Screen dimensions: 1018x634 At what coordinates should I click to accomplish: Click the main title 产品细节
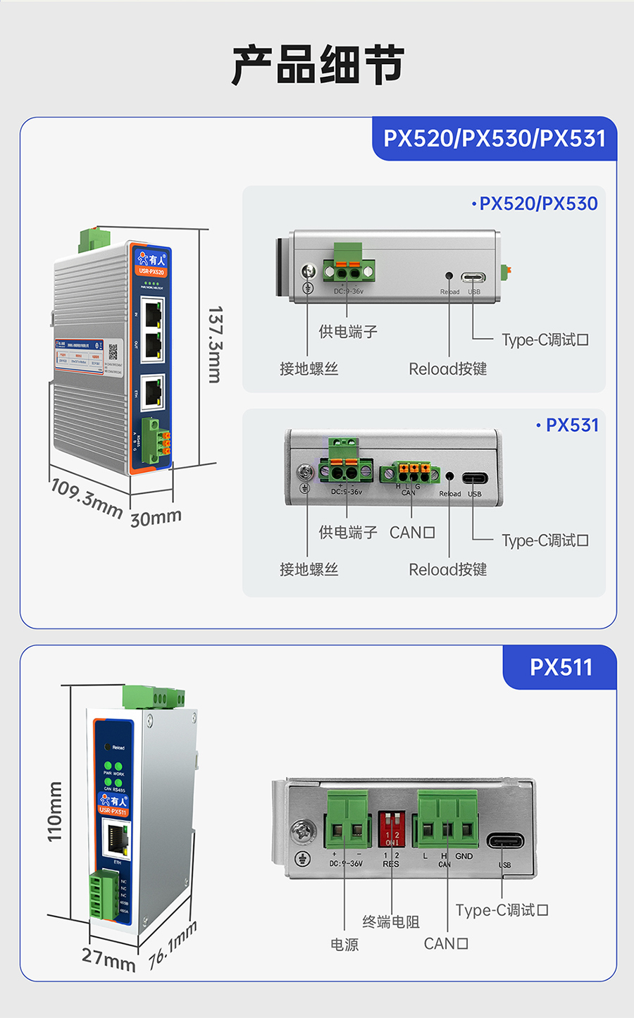[317, 65]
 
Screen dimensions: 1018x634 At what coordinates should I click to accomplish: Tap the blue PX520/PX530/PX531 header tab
[494, 138]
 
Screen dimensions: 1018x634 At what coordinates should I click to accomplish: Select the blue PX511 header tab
[560, 667]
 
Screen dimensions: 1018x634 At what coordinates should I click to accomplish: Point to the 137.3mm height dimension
[215, 344]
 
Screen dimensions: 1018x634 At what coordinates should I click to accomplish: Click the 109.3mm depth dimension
[86, 497]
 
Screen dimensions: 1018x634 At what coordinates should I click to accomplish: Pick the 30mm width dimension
[156, 518]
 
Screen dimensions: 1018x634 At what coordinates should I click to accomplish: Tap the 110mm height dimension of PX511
[55, 811]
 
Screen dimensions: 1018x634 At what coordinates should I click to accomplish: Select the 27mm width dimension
[108, 959]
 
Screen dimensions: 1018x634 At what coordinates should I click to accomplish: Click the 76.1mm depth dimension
[173, 945]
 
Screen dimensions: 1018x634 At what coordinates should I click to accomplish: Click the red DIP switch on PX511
[392, 828]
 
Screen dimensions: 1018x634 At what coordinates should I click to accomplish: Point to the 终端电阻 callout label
[390, 921]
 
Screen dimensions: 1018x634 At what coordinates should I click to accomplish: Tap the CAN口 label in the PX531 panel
[412, 533]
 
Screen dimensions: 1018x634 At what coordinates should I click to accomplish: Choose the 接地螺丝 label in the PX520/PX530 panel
[309, 368]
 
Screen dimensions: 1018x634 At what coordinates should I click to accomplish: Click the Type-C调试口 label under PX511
[502, 910]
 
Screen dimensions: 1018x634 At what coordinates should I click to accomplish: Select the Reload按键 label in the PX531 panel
[448, 569]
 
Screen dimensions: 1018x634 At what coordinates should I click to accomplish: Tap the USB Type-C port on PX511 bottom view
[505, 841]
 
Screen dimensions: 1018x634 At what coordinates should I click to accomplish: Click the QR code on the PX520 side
[113, 352]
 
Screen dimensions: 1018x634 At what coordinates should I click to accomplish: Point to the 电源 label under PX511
[344, 944]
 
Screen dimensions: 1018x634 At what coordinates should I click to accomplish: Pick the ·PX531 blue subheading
[567, 425]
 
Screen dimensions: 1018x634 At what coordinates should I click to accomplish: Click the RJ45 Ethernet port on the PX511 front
[116, 839]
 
